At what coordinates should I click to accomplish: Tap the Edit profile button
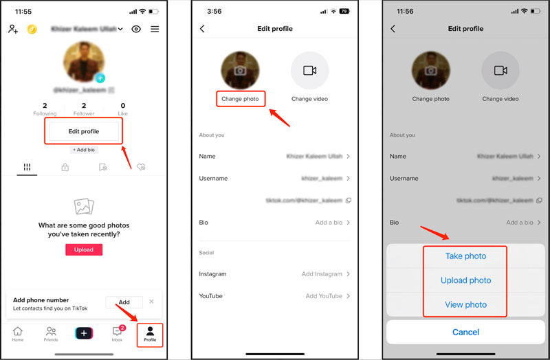83,131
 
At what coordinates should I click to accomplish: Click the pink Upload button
84,249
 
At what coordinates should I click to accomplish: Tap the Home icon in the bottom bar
17,333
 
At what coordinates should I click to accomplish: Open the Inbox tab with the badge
118,333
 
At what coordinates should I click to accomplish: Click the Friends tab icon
51,333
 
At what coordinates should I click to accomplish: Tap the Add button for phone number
124,302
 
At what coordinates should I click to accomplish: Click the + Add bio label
84,149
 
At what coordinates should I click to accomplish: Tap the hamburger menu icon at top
155,29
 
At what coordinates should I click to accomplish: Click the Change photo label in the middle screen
240,99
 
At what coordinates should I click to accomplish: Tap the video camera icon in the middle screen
309,70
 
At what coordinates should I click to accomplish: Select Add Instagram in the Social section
322,274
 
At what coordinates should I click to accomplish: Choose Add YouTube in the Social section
323,296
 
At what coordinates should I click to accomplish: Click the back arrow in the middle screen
202,29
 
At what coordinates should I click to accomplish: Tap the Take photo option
465,256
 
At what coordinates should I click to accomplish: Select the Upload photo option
465,280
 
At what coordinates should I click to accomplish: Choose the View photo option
465,304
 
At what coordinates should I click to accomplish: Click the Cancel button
465,332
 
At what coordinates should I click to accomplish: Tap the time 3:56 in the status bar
214,12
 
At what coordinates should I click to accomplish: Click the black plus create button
84,333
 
